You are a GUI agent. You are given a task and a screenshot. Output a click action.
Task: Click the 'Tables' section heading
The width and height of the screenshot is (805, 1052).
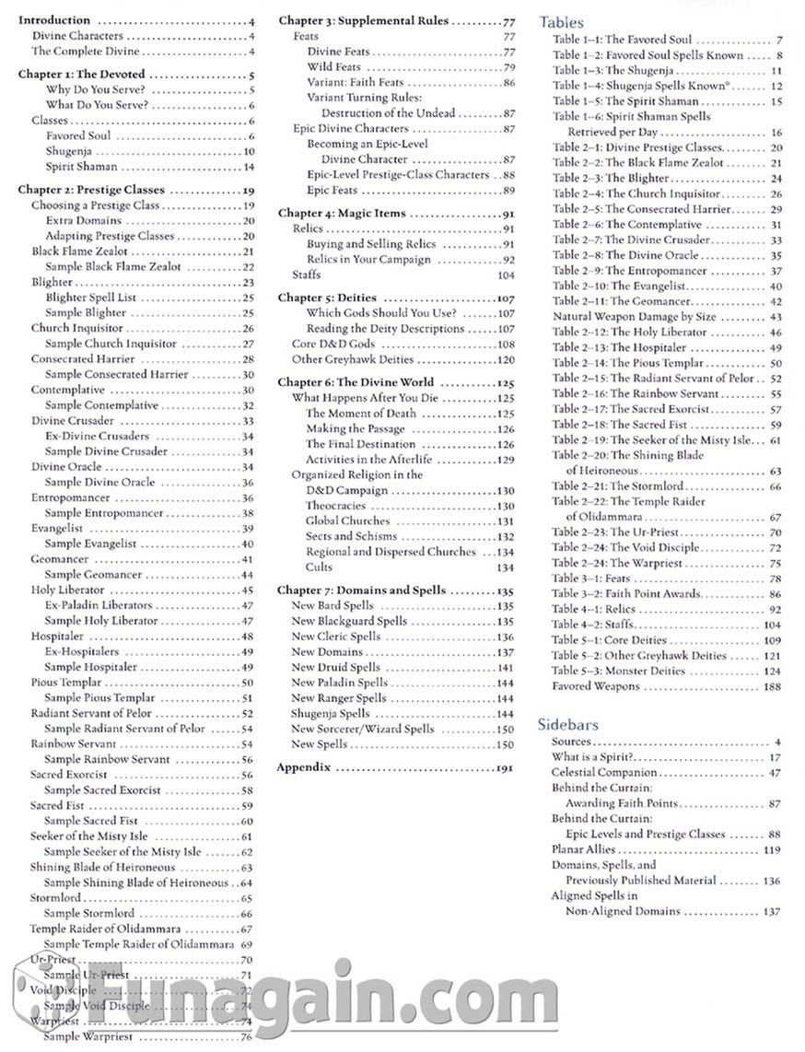561,22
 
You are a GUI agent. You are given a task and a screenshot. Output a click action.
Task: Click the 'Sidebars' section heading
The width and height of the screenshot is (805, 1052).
567,725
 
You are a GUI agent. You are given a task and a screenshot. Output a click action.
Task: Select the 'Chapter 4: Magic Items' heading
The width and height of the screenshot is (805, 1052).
342,214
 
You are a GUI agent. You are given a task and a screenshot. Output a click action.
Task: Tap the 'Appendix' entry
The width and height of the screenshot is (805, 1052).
303,767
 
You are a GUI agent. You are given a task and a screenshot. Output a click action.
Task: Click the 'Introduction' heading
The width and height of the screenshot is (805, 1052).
55,20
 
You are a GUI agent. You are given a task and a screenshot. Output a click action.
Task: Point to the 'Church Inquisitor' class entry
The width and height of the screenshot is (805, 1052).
76,328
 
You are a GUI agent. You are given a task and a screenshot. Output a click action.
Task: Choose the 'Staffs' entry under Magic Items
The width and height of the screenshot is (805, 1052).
307,275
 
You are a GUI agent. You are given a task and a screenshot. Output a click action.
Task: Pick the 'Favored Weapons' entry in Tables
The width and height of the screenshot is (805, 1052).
595,686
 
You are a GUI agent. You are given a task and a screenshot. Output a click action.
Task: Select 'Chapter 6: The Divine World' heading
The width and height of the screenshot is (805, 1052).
356,382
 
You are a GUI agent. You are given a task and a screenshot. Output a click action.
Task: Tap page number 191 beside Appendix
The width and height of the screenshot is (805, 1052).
505,767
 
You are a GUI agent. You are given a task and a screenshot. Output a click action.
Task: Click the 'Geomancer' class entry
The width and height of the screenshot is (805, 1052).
59,559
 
